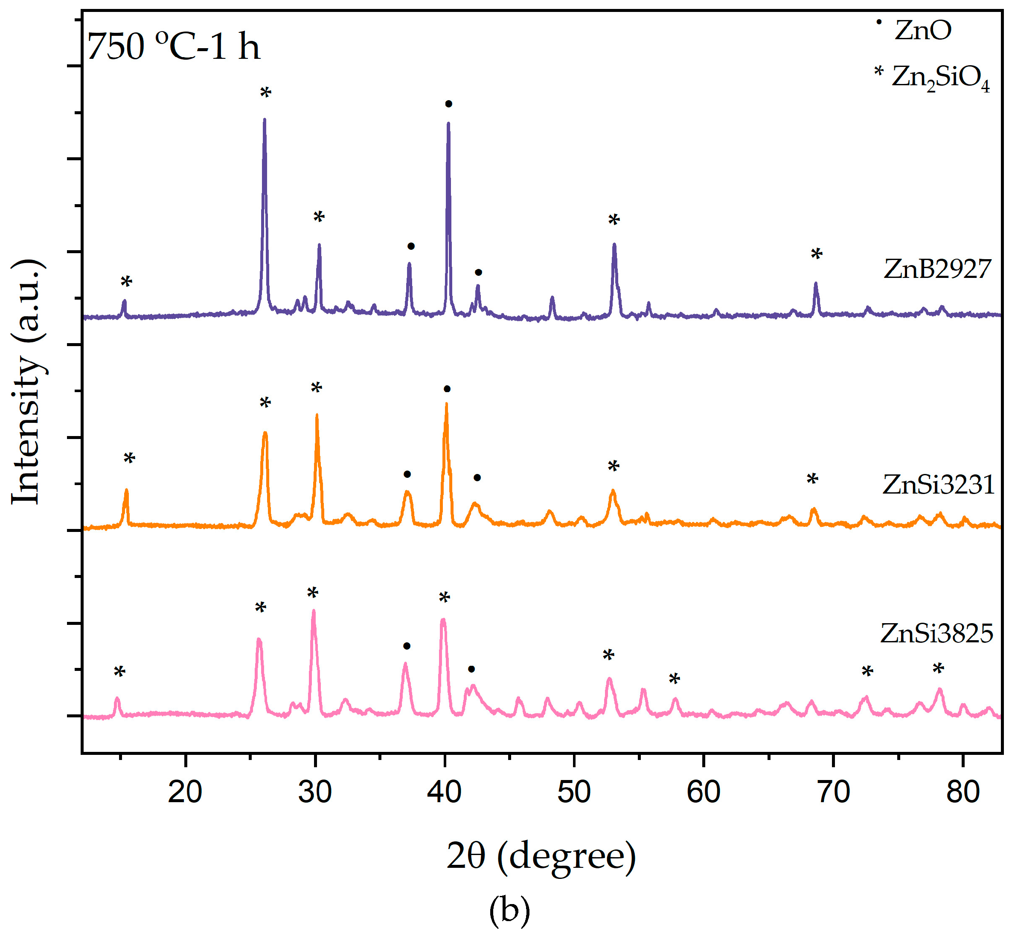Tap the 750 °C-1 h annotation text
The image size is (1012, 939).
click(x=173, y=47)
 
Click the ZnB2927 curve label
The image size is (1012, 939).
click(x=937, y=269)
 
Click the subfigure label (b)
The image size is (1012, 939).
click(x=509, y=911)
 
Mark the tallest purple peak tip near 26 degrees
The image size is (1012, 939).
click(x=265, y=119)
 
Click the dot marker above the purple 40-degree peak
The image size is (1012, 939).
click(x=448, y=104)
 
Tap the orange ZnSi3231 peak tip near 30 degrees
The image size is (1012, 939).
click(x=317, y=415)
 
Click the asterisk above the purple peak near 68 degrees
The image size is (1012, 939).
click(x=816, y=254)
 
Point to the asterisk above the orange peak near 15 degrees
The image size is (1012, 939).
click(x=129, y=459)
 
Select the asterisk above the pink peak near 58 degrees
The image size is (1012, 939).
click(x=675, y=679)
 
